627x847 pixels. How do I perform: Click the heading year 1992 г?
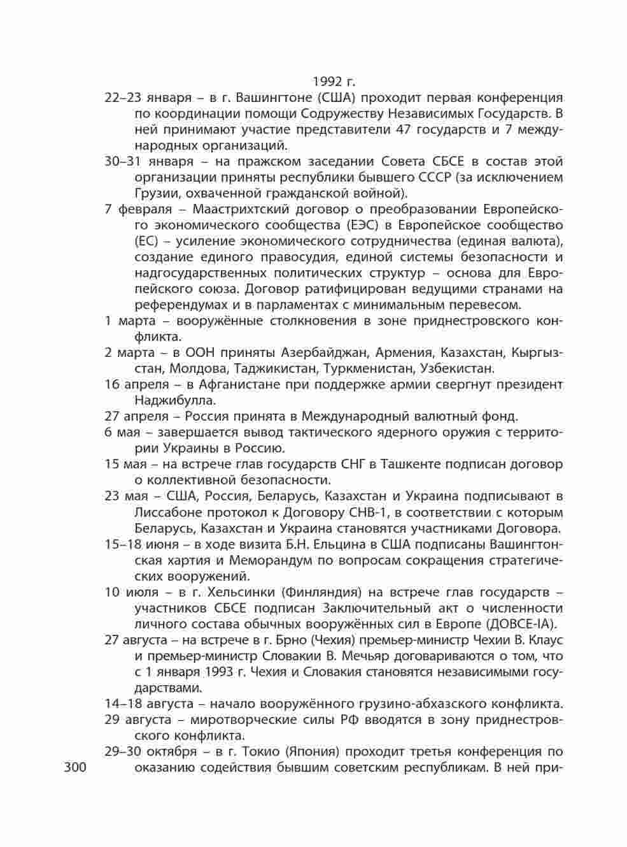(x=334, y=82)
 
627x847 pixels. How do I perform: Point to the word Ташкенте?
(x=408, y=464)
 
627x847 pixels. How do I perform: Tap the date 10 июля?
(x=123, y=591)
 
